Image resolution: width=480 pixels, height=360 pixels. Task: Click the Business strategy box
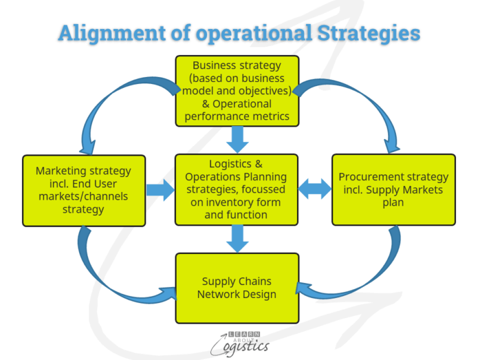tap(237, 90)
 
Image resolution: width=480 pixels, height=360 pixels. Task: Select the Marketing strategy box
tap(83, 190)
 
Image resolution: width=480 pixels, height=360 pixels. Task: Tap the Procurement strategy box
tap(393, 189)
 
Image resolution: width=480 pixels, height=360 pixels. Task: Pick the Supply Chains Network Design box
tap(237, 288)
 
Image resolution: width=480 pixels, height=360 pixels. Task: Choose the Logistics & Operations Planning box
tap(237, 189)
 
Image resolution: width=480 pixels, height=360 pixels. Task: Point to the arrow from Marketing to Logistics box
tap(160, 190)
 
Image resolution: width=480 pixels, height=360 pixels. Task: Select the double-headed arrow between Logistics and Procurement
tap(315, 189)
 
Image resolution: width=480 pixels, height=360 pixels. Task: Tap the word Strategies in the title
tap(365, 34)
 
